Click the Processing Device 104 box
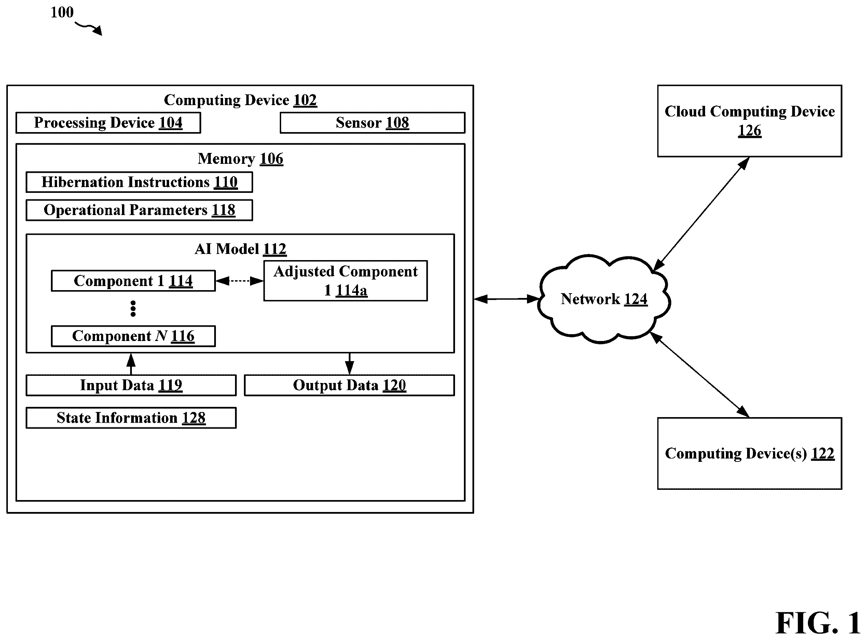[108, 123]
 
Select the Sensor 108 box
[373, 123]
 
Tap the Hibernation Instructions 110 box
[139, 182]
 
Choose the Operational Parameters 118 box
[139, 210]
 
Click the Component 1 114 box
[133, 281]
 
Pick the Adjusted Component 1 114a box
[345, 281]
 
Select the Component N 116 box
[133, 336]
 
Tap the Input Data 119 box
[131, 385]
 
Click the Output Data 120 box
[349, 385]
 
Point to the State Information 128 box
[131, 418]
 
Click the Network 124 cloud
[604, 299]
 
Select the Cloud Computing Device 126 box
[749, 121]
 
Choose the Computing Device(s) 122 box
[749, 454]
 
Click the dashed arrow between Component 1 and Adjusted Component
[239, 281]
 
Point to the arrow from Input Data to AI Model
[131, 364]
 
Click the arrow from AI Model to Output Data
[349, 364]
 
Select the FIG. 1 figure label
[818, 623]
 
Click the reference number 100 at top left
[62, 12]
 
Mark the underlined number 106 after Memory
[272, 159]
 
